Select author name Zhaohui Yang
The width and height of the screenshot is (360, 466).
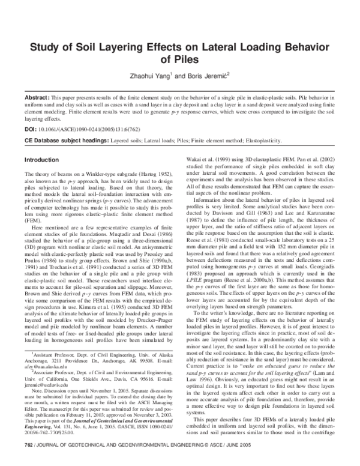152,76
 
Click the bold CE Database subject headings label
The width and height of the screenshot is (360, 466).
69,139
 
